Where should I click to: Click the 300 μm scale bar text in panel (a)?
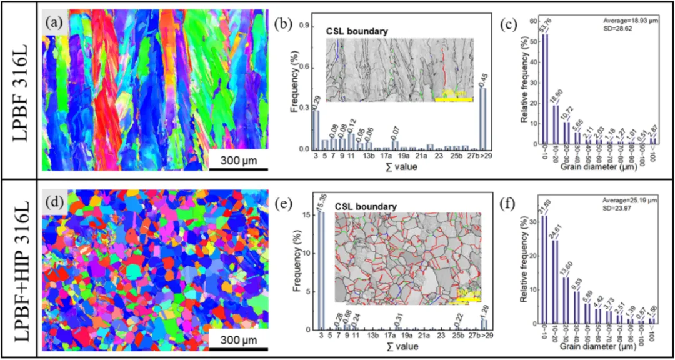click(x=238, y=159)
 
